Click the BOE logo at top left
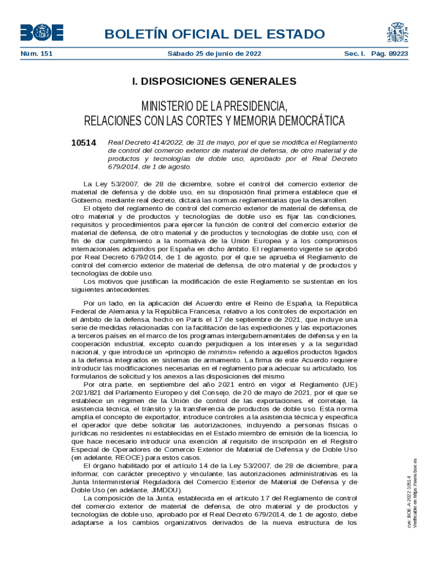(42, 33)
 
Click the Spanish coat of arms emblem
(396, 33)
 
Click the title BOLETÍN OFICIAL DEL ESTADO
(214, 35)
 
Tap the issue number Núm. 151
(37, 54)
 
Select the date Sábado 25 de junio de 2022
(214, 54)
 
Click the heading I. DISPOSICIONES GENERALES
(214, 82)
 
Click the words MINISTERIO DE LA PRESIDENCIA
(214, 106)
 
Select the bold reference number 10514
(84, 142)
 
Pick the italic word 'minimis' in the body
(221, 352)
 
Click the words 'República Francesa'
(188, 312)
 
